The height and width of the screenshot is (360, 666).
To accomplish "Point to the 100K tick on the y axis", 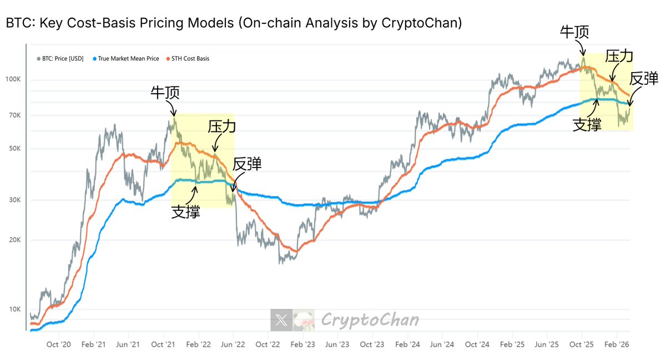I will (x=13, y=80).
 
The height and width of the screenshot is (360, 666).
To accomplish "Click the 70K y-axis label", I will (x=14, y=115).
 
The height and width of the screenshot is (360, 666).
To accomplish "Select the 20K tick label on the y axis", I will (x=14, y=240).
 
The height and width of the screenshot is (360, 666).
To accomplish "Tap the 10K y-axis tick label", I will (x=14, y=310).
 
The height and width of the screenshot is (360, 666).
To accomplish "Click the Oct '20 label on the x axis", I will (x=59, y=344).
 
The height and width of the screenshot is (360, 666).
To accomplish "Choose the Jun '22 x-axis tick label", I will (x=233, y=344).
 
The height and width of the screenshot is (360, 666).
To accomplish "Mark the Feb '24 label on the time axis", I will (x=407, y=344).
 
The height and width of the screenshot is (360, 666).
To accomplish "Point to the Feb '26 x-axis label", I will (x=617, y=344).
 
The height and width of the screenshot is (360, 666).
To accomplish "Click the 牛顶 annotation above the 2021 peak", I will (x=165, y=92).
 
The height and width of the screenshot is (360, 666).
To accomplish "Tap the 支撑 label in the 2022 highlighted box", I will (x=185, y=212).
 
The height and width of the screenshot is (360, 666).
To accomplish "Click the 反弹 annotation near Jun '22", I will (x=247, y=164).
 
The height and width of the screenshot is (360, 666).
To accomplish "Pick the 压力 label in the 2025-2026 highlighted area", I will (x=619, y=56).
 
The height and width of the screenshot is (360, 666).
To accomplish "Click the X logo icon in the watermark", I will (x=281, y=320).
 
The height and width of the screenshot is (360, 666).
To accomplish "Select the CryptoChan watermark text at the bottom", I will (x=370, y=320).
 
